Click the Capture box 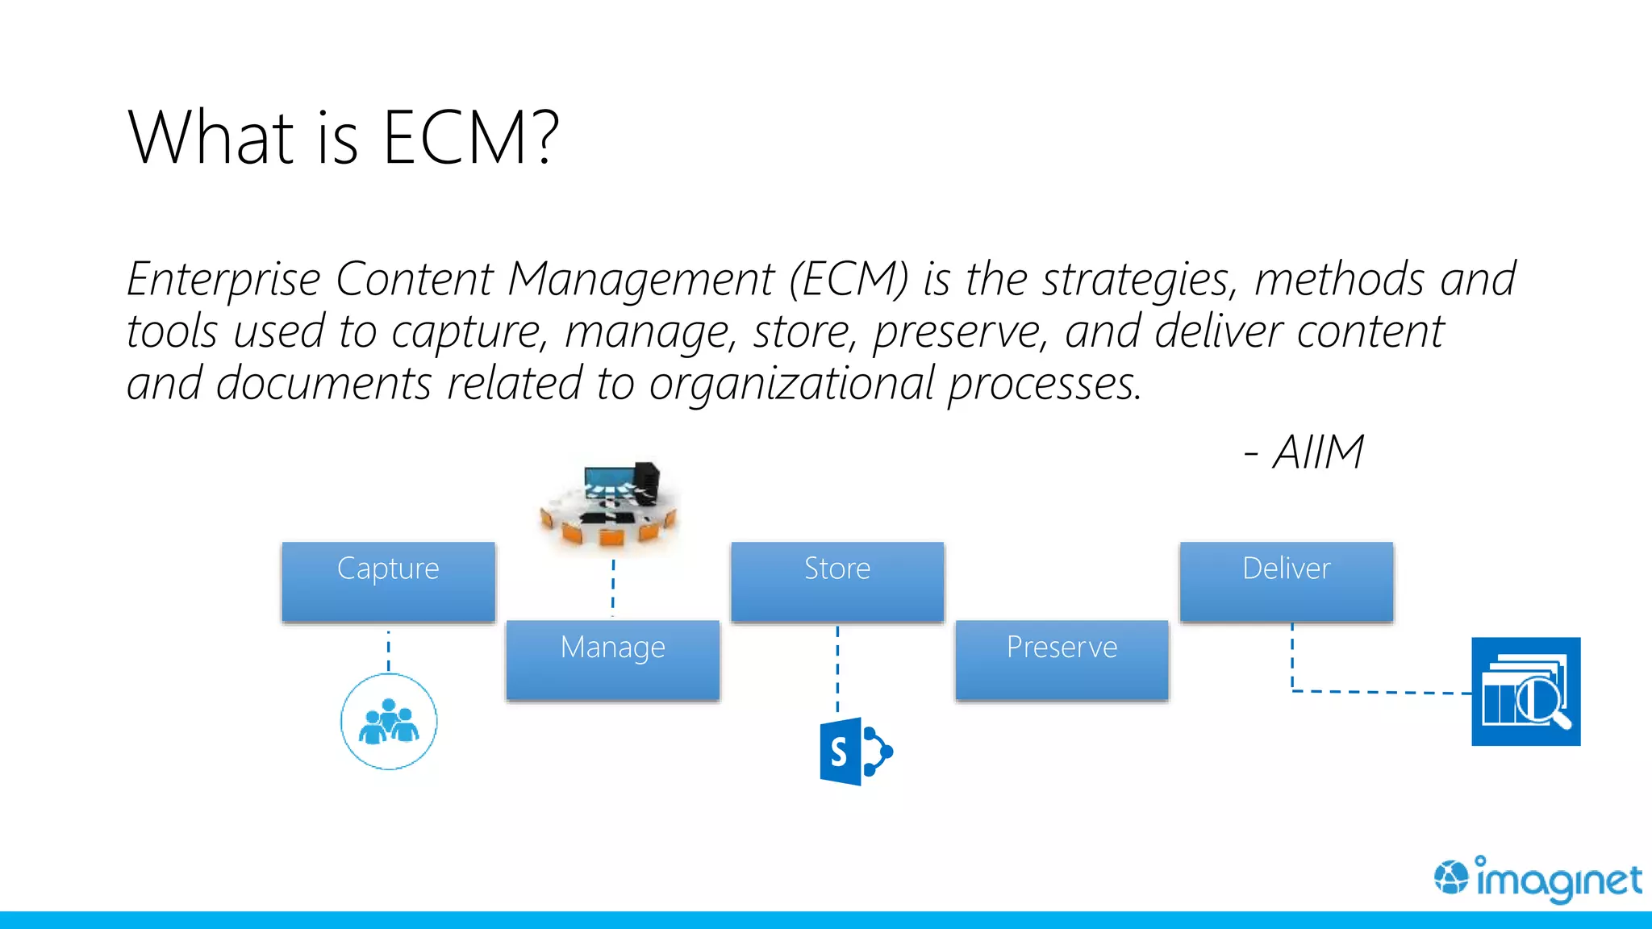tap(388, 581)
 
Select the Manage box tap(612, 660)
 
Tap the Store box tap(837, 581)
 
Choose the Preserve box tap(1062, 660)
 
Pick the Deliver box tap(1286, 581)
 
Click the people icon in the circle tap(389, 722)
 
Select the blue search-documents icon tap(1525, 691)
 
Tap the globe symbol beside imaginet tap(1451, 877)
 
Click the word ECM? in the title tap(470, 138)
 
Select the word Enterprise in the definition tap(223, 280)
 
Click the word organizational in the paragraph tap(791, 384)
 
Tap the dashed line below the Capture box tap(389, 650)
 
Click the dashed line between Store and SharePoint tap(837, 669)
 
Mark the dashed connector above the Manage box tap(613, 587)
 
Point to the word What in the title tap(211, 138)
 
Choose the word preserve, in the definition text tap(960, 331)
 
